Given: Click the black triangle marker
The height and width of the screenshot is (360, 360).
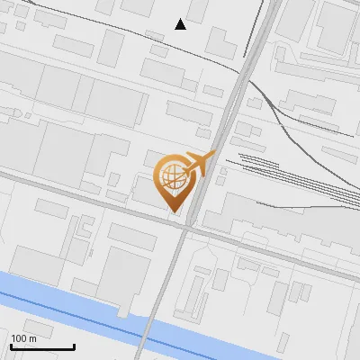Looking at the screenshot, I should tap(181, 24).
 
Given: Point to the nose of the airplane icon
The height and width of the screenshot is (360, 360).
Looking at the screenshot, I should tap(215, 155).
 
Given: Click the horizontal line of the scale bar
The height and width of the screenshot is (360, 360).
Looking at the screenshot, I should tap(42, 346).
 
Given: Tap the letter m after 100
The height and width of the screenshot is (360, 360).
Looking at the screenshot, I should tap(32, 338).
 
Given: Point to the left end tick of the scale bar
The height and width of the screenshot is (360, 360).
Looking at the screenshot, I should tap(11, 345).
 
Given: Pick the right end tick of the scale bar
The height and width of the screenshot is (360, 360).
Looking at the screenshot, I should tap(74, 345).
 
